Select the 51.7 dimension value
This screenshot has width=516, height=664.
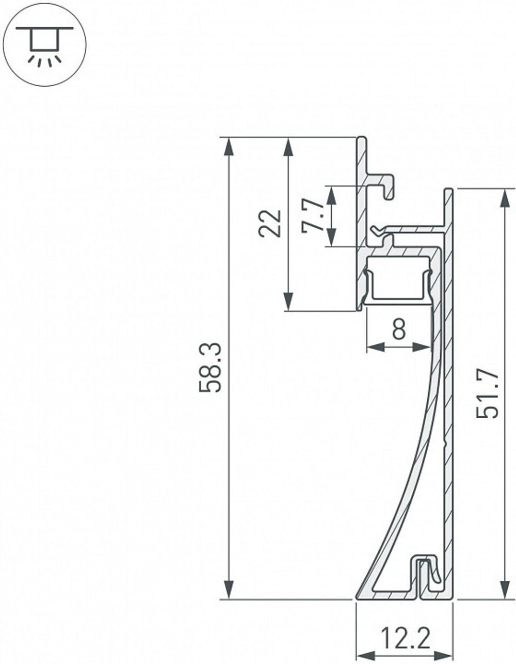(487, 393)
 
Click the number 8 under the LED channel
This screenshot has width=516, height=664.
(399, 329)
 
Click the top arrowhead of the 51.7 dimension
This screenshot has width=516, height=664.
(504, 198)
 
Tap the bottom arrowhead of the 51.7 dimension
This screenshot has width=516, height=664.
(504, 590)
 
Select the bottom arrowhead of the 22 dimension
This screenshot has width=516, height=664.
(288, 302)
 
